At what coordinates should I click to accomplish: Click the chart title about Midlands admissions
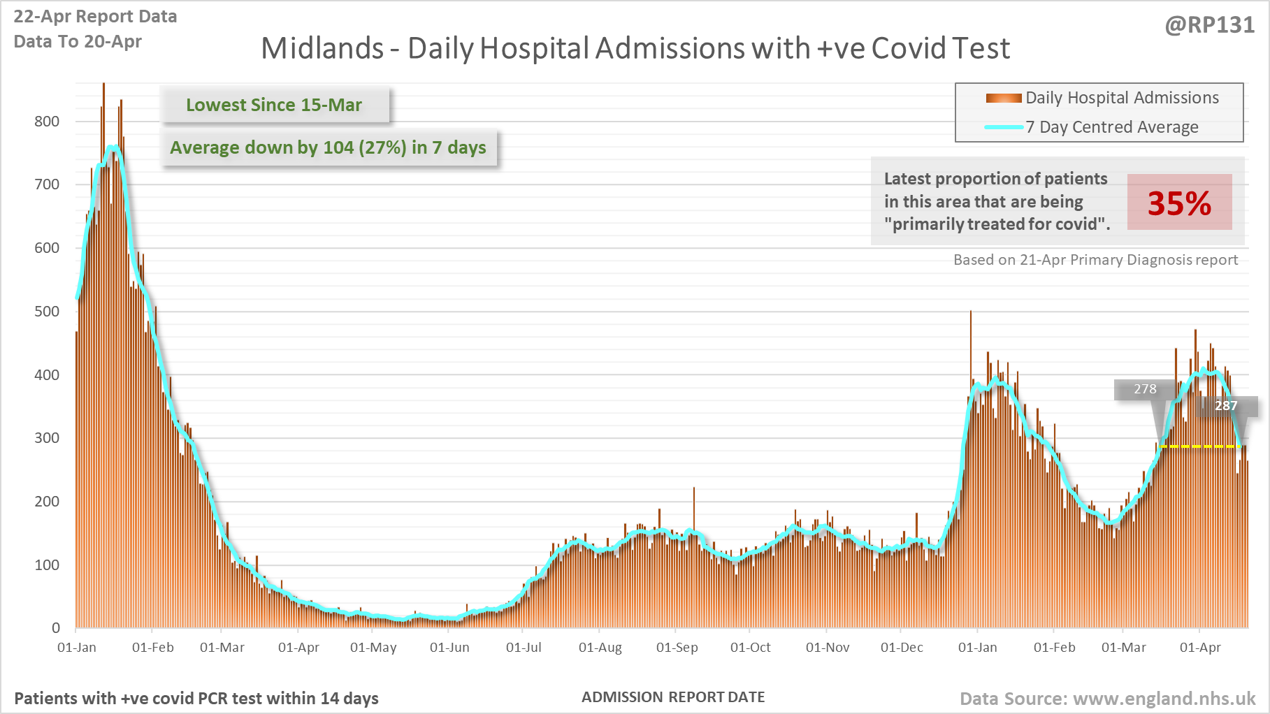click(x=635, y=49)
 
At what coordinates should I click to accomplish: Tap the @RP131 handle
click(x=1209, y=25)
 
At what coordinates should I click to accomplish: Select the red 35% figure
click(x=1179, y=203)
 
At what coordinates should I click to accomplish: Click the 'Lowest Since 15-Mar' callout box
click(x=274, y=105)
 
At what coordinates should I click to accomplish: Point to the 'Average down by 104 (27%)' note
click(x=328, y=147)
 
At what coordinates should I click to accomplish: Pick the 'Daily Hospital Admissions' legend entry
click(x=1121, y=98)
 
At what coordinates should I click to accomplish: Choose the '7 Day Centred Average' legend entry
click(x=1111, y=127)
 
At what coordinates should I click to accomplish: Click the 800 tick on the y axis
click(x=47, y=122)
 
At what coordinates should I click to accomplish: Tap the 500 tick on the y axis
click(x=47, y=312)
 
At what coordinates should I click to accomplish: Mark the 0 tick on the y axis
click(x=56, y=628)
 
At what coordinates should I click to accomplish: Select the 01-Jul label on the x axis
click(x=524, y=648)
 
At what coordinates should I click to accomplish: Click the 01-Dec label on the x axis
click(x=902, y=648)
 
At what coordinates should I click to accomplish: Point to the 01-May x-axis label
click(x=373, y=648)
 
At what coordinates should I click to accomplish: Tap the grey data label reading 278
click(x=1145, y=389)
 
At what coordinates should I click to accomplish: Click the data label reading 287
click(x=1226, y=406)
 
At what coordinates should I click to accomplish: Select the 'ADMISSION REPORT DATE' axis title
click(x=673, y=697)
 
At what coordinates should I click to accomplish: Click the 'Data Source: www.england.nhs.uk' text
click(x=1107, y=699)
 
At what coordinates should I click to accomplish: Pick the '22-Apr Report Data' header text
click(x=95, y=17)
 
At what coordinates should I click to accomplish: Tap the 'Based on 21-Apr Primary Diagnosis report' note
click(x=1095, y=260)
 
